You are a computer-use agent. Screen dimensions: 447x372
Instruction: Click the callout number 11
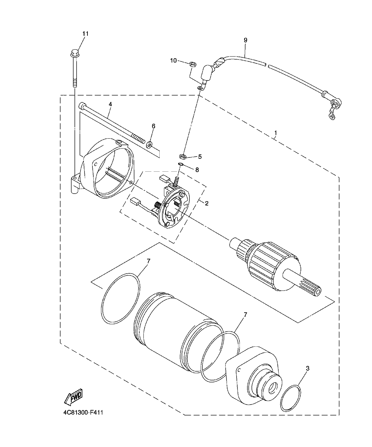85,34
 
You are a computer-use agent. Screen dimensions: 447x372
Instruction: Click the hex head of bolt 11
75,53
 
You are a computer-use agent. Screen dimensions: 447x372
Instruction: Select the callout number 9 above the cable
245,40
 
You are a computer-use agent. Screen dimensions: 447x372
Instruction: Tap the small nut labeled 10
192,64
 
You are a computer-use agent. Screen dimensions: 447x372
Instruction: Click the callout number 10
174,60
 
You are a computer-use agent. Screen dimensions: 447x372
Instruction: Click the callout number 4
110,104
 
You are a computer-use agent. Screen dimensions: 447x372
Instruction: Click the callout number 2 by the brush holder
206,203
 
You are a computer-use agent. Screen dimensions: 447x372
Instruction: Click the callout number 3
307,368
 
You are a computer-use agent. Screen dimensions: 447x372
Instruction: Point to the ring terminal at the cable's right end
330,115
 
